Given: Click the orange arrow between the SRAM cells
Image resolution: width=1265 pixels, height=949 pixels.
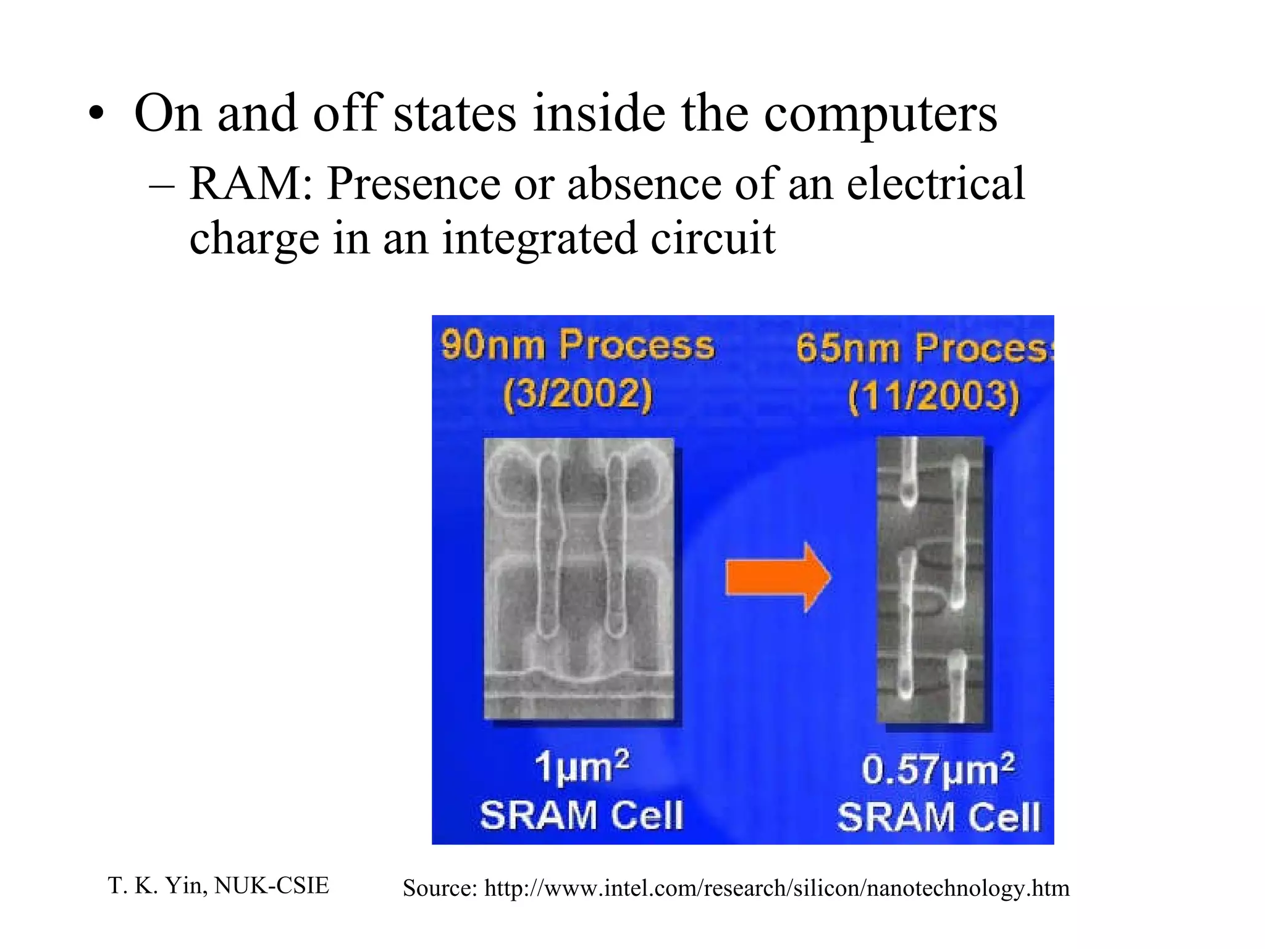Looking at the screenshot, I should [777, 577].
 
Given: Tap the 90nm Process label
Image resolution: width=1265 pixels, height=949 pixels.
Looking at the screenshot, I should [578, 345].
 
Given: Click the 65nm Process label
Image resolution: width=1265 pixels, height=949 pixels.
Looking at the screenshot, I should [924, 348].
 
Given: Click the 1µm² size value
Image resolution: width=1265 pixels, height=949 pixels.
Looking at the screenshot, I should [581, 767].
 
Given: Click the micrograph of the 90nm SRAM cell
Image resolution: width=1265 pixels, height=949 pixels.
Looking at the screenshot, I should [579, 578].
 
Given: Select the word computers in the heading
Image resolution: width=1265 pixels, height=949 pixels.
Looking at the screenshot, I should [880, 114].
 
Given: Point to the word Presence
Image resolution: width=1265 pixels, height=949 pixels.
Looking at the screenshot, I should [413, 184].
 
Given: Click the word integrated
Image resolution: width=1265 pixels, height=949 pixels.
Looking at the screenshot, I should [539, 238].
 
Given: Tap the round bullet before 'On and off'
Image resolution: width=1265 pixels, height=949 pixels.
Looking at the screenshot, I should [96, 115].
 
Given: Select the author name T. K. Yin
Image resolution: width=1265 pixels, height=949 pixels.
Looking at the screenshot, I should [157, 885].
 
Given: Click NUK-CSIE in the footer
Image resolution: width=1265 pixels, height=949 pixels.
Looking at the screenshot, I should [272, 885].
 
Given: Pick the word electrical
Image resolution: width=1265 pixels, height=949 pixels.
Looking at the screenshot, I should [935, 184].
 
